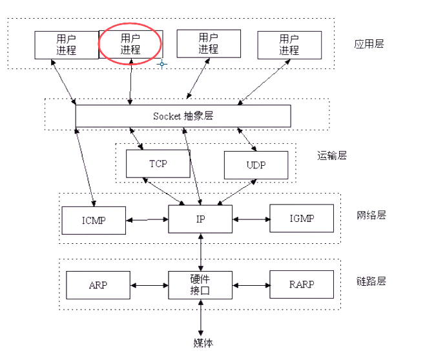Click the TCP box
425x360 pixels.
pos(158,164)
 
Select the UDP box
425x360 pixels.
pos(255,165)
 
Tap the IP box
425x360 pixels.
pos(200,219)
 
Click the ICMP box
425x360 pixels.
pos(94,220)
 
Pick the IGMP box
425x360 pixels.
pos(302,218)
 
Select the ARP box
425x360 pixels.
pos(99,285)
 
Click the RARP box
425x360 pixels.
pos(302,285)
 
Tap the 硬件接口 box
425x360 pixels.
pos(200,285)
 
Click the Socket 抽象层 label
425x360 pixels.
pos(183,116)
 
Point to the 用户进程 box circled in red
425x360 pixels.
pos(130,44)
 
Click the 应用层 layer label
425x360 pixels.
pos(369,45)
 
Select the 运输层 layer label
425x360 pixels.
pos(332,155)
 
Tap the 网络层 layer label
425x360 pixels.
pos(371,215)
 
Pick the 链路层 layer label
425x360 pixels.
pos(371,281)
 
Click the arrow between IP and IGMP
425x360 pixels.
pos(251,219)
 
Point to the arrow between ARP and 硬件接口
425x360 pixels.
pos(150,285)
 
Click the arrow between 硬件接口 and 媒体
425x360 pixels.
pos(202,317)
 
